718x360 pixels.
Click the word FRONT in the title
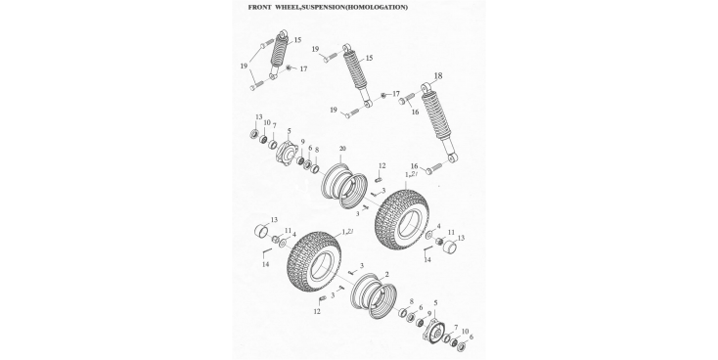(258, 7)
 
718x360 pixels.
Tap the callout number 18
(438, 76)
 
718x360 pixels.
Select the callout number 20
(343, 149)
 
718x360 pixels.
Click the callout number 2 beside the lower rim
(387, 274)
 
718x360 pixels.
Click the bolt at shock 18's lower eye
(432, 168)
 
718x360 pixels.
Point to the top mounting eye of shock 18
(426, 86)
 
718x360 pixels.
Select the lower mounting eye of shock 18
(453, 158)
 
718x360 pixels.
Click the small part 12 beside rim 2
(322, 299)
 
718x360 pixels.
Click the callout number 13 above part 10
(259, 117)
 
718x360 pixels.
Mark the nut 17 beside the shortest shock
(289, 67)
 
